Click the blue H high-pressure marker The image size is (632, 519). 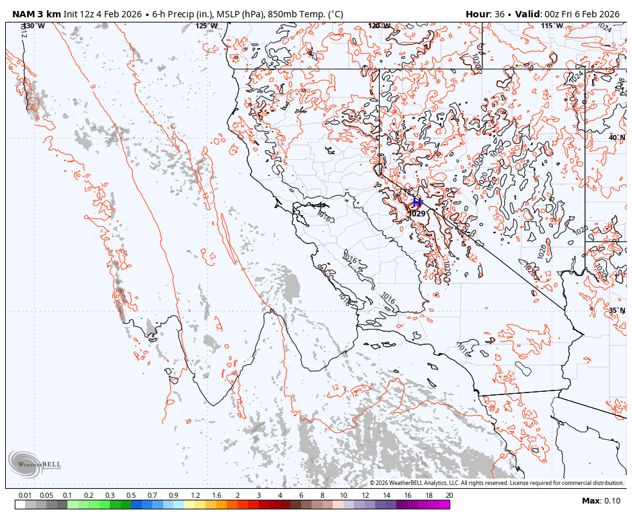tap(417, 202)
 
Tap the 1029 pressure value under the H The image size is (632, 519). tap(417, 214)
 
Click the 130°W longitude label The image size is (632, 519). tap(34, 26)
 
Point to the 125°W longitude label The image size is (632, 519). tap(206, 26)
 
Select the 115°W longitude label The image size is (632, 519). tap(552, 26)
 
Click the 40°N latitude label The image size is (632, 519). tap(617, 137)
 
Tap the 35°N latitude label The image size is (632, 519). tap(617, 310)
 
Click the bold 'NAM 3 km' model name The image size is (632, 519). tap(37, 14)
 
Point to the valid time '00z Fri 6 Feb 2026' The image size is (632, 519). tap(582, 14)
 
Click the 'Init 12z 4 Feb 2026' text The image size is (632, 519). tap(104, 14)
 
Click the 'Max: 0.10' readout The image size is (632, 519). tap(601, 501)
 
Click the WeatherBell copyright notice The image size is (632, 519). tap(496, 483)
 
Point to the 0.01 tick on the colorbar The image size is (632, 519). tap(26, 495)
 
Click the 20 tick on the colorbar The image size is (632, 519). tap(449, 495)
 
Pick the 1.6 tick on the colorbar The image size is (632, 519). tap(216, 495)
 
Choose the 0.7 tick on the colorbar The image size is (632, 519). tap(152, 495)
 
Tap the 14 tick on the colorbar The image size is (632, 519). tap(386, 495)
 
